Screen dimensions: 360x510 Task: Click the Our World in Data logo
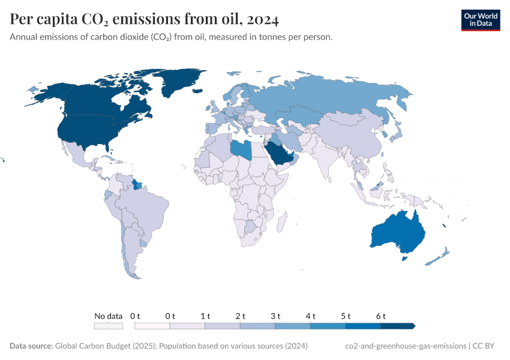480,20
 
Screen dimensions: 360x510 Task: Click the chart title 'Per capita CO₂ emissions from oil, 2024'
144,20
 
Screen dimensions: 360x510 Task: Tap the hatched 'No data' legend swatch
109,326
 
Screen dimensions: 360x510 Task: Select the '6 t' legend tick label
380,316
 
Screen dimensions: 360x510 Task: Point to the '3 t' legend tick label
275,316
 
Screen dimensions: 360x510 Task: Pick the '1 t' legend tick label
205,316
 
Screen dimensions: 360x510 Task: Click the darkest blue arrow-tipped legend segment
397,326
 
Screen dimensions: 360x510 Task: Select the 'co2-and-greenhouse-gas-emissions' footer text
406,346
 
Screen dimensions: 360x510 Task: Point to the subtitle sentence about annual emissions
171,37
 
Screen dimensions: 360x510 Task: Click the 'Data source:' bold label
31,346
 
